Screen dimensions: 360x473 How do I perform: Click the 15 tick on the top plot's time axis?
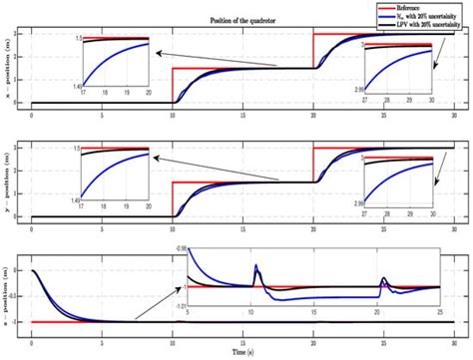pos(245,115)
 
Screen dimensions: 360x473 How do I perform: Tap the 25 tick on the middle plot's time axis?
pos(385,228)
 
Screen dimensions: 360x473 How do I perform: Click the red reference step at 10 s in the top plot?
pos(174,86)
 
